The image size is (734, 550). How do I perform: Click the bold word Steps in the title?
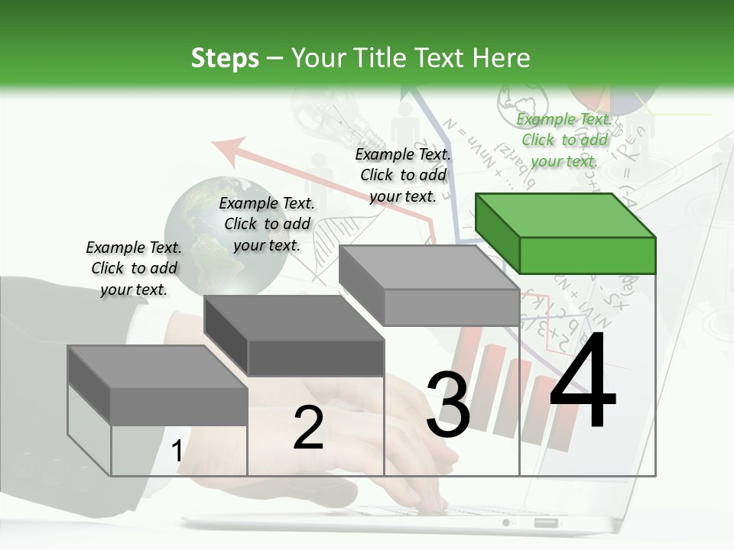click(225, 58)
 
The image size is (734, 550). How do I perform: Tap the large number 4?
click(583, 380)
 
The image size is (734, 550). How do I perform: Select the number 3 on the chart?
click(447, 405)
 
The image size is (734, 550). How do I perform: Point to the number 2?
click(308, 428)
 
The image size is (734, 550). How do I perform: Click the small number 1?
click(177, 451)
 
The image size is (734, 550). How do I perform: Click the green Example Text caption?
click(564, 140)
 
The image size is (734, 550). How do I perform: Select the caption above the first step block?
click(134, 268)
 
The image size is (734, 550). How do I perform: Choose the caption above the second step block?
click(267, 224)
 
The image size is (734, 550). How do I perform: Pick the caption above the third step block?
click(403, 175)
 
